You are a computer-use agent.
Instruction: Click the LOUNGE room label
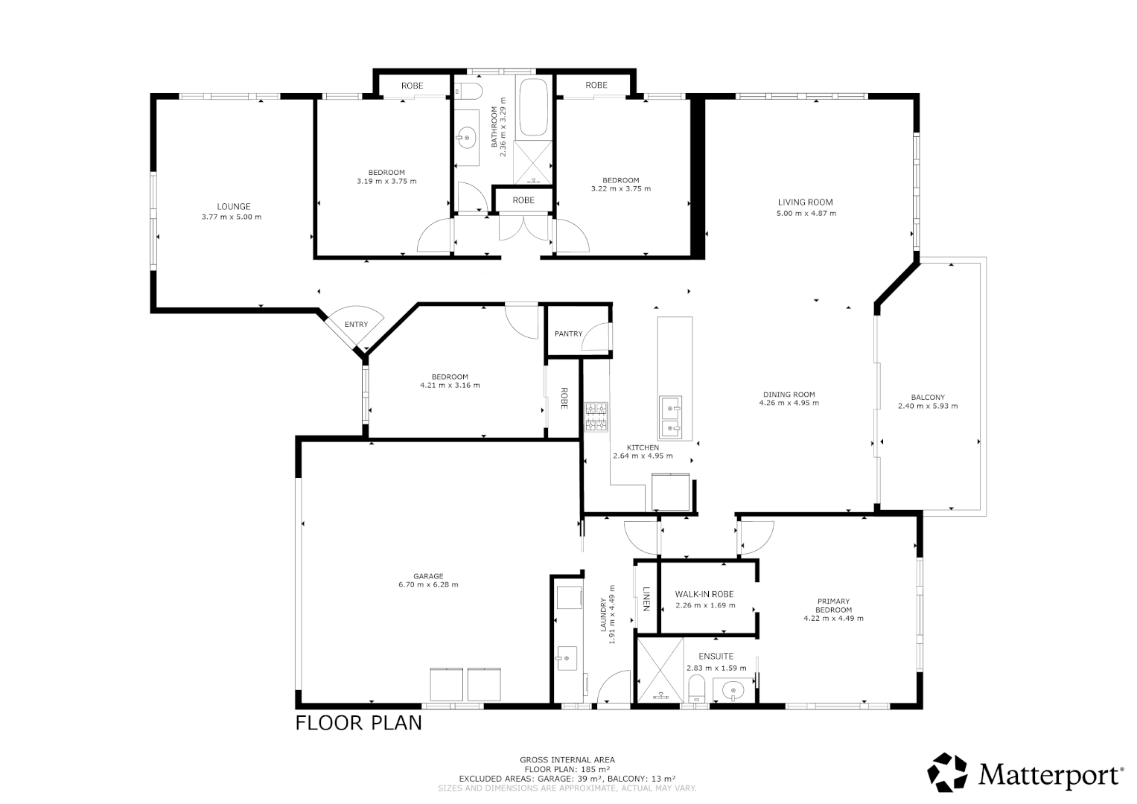coord(233,207)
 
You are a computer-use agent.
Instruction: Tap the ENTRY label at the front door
coord(356,325)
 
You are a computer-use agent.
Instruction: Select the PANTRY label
coord(567,334)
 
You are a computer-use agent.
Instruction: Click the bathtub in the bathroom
coord(533,107)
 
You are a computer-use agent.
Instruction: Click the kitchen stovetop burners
coord(596,417)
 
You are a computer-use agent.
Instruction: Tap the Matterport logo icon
coord(948,773)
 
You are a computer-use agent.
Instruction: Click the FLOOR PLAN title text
coord(358,723)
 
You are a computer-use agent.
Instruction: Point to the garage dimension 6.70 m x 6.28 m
coord(428,585)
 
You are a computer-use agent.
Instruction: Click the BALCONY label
coord(927,398)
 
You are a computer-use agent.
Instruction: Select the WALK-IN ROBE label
coord(704,594)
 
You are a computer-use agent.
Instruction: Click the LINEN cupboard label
coord(646,599)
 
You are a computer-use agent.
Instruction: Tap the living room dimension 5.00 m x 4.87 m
coord(806,214)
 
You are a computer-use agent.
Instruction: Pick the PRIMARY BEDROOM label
coord(833,606)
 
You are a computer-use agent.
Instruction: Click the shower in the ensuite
coord(659,669)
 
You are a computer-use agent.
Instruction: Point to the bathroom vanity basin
coord(467,136)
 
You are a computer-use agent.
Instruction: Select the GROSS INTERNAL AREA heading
coord(567,760)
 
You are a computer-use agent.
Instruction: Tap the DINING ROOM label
coord(789,395)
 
